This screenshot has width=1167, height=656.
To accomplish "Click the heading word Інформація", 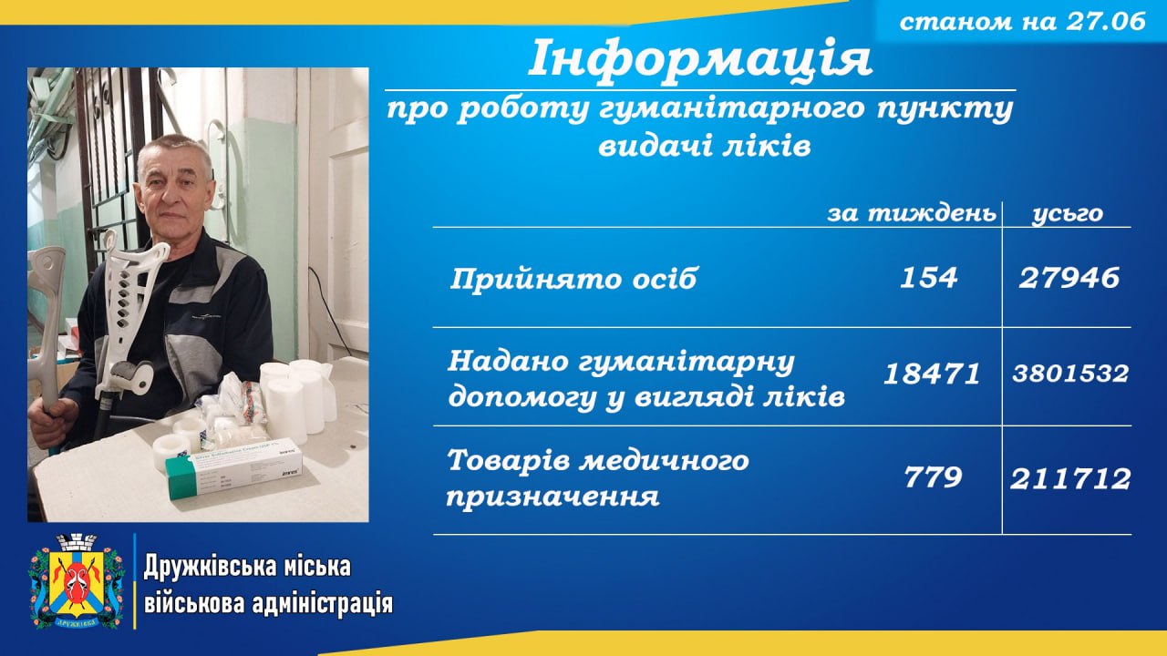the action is click(x=700, y=58).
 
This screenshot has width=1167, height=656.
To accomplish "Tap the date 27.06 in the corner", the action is click(x=1107, y=22).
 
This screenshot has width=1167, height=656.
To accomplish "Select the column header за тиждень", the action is click(x=912, y=213).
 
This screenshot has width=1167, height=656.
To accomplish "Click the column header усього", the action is click(x=1068, y=214).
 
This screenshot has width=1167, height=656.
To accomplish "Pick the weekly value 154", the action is click(x=929, y=278).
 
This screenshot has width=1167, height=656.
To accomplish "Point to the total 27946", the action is click(x=1069, y=278).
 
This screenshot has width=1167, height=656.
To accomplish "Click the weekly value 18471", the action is click(x=932, y=374).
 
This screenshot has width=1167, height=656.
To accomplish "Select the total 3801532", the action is click(x=1070, y=374).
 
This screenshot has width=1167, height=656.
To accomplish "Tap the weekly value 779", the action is click(x=933, y=477).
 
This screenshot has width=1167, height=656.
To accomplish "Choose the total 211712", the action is click(x=1070, y=478).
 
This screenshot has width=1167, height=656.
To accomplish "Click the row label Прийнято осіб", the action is click(x=573, y=279).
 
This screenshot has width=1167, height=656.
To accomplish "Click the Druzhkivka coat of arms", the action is click(x=77, y=581).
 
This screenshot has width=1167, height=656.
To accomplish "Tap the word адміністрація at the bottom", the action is click(x=322, y=604).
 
